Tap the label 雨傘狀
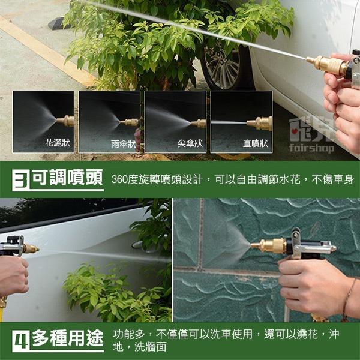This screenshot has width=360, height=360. (124, 143)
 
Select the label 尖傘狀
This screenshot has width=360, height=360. (190, 143)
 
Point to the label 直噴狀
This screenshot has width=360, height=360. (256, 143)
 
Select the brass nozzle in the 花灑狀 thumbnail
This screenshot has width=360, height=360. (67, 121)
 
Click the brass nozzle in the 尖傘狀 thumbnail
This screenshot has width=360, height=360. (199, 124)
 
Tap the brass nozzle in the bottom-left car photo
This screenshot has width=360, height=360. (29, 248)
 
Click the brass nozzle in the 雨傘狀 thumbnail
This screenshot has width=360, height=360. (131, 122)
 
